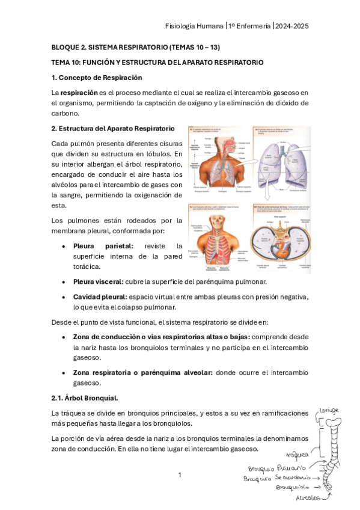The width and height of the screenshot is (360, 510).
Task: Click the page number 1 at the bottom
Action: [179, 476]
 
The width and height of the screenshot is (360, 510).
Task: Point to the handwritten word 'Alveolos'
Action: [308, 498]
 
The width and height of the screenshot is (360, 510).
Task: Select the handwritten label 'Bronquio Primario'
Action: [276, 468]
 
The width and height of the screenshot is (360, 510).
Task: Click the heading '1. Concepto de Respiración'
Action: [97, 78]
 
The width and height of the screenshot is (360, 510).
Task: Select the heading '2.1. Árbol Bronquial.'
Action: [85, 398]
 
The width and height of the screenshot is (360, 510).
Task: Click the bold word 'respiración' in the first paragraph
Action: [79, 93]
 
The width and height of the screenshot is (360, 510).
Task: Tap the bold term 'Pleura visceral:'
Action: [99, 282]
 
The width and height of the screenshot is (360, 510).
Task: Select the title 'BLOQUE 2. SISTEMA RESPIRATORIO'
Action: [109, 47]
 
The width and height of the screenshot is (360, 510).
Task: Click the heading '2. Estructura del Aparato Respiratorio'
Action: [113, 129]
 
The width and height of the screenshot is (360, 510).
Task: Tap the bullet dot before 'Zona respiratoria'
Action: [64, 373]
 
